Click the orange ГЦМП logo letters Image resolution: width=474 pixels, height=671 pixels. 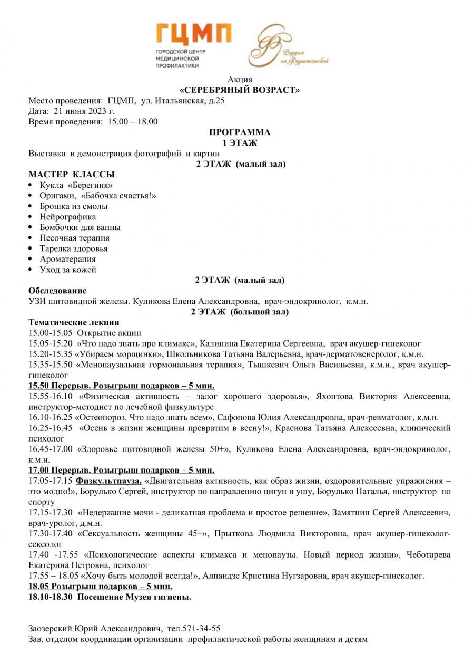(193, 34)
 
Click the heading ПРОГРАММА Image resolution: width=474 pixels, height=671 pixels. (240, 132)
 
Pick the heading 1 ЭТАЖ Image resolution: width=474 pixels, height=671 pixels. (240, 142)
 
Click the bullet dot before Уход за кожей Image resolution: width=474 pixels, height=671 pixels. (32, 270)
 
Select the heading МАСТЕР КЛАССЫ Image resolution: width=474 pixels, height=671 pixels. (72, 175)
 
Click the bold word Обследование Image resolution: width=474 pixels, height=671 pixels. (57, 291)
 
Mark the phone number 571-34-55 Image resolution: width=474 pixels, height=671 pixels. (201, 628)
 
